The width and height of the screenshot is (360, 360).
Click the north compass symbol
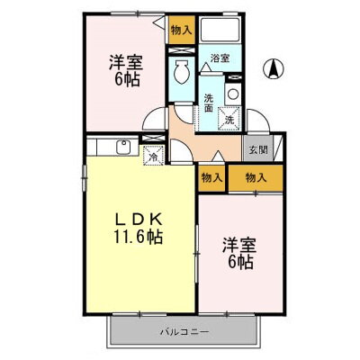pos(274,68)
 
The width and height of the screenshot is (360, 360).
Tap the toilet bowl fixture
pos(181,72)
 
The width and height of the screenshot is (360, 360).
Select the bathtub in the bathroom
pos(220,30)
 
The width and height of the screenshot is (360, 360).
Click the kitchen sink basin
pos(123,148)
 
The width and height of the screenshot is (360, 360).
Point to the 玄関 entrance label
pos(257,149)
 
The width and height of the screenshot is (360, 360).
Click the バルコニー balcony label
pos(184,332)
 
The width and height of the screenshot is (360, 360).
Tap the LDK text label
pos(139,220)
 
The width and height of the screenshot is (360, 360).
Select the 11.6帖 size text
pos(138,237)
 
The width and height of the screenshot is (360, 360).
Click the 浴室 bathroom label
pos(220,58)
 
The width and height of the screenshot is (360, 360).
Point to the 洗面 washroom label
pos(209,103)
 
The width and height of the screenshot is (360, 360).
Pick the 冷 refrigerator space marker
pos(153,156)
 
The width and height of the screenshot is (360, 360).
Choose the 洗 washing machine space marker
pos(229,119)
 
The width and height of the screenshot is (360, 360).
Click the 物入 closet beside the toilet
pos(181,30)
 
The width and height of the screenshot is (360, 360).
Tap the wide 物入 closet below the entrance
pos(256,178)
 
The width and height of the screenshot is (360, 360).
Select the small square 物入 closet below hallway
pos(211,178)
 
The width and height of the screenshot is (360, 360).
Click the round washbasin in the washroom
pos(233,94)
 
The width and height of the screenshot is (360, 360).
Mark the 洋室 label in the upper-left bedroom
pos(126,63)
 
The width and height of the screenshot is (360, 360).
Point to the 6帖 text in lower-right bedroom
pos(241,262)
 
